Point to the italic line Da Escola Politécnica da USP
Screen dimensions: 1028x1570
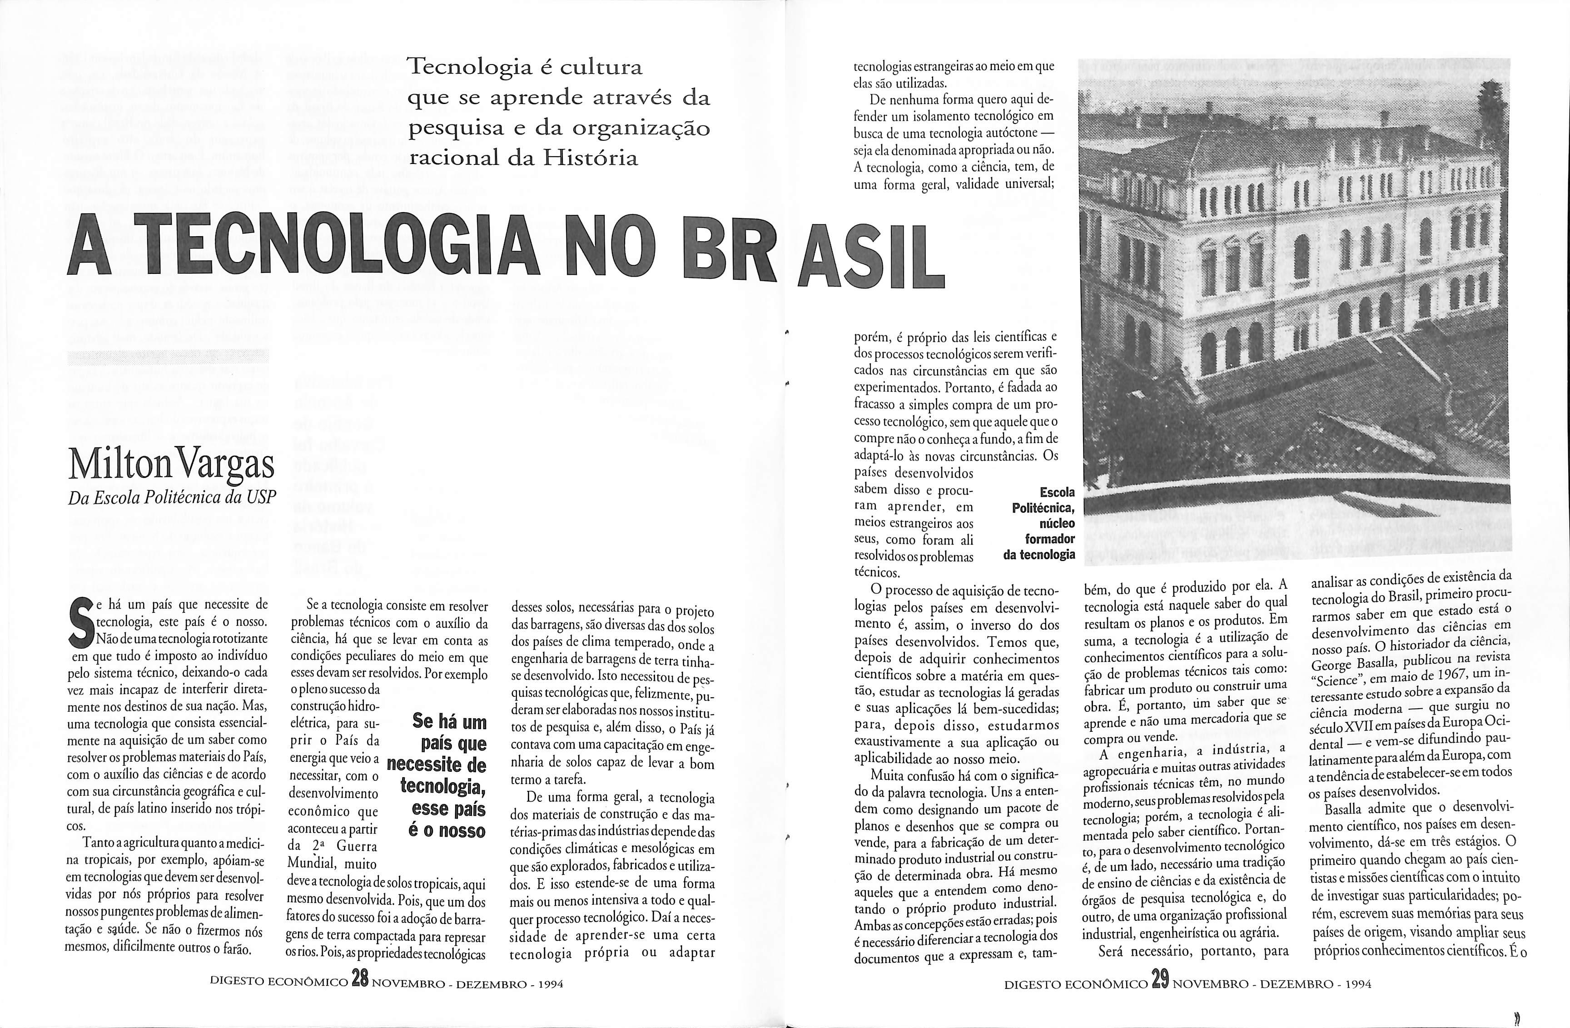pyautogui.click(x=172, y=498)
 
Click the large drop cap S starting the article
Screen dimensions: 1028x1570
pyautogui.click(x=83, y=623)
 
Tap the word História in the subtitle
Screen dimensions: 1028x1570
pyautogui.click(x=591, y=159)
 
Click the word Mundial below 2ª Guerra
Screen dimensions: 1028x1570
pyautogui.click(x=316, y=864)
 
